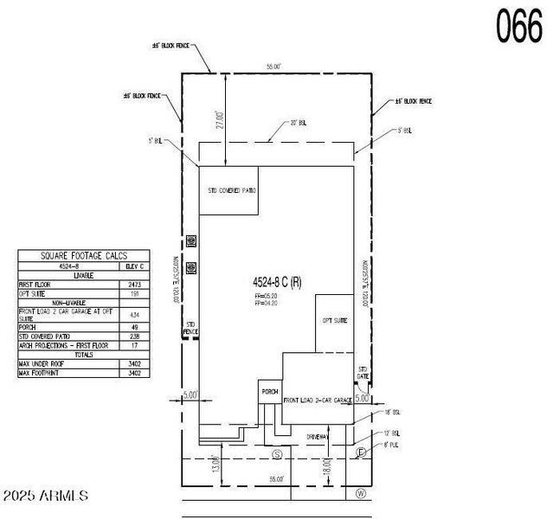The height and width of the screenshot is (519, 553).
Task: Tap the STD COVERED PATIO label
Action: (x=231, y=189)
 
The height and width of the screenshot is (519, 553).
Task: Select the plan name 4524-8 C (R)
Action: (x=277, y=281)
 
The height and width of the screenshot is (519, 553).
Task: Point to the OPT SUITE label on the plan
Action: (x=334, y=320)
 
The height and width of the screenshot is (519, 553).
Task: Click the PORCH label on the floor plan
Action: (x=268, y=392)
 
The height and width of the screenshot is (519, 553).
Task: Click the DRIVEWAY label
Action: (x=317, y=437)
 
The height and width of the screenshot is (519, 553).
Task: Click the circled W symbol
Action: (x=361, y=494)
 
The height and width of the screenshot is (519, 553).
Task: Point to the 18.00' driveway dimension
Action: (x=328, y=467)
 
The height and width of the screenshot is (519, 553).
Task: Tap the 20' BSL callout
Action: (x=298, y=123)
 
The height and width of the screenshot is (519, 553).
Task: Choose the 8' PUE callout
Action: (x=391, y=445)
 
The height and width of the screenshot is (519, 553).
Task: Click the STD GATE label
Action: (x=363, y=373)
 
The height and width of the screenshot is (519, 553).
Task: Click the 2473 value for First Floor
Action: (x=134, y=284)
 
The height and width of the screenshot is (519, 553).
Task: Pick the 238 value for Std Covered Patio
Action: (x=134, y=336)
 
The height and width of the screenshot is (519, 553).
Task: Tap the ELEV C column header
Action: (x=134, y=266)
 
